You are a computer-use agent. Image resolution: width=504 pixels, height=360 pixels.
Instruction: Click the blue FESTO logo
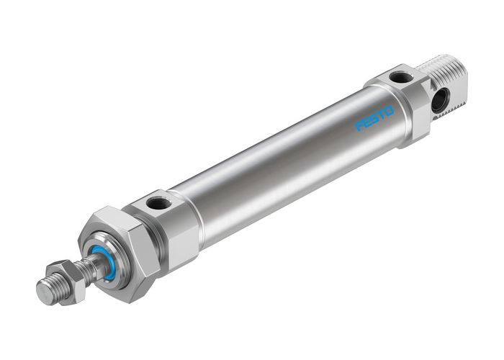point(375,120)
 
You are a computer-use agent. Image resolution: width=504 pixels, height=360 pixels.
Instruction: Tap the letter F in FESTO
point(360,127)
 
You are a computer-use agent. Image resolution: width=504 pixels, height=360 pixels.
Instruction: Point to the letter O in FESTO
point(390,112)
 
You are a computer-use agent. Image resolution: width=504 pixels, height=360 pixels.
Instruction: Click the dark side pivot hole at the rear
point(439,100)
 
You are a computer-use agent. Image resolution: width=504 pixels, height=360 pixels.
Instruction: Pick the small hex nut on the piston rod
point(71,277)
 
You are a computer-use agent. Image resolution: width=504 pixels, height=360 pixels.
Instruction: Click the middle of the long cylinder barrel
point(281,162)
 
